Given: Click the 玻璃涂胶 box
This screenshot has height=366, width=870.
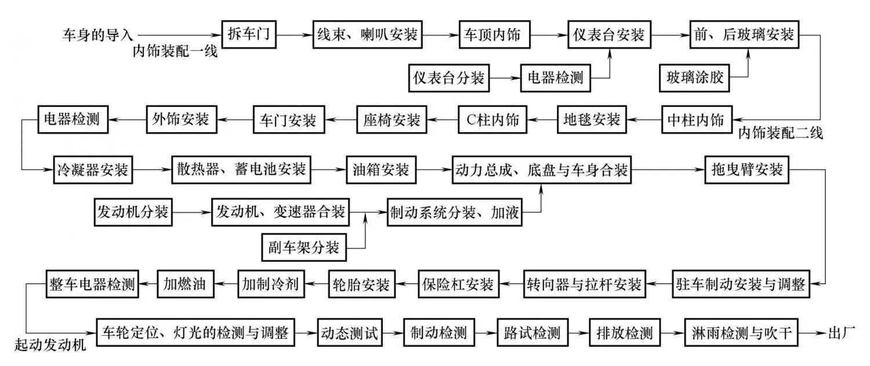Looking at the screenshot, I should point(693,77).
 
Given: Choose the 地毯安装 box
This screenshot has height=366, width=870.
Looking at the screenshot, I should point(592,120).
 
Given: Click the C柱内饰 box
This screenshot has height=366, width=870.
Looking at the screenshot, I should point(493,120).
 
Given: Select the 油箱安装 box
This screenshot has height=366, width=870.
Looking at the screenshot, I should point(381,170).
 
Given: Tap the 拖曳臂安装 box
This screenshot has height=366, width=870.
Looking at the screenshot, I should point(746,170).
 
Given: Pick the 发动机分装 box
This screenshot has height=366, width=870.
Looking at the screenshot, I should point(133,212).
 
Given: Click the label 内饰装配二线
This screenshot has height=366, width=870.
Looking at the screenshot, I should point(780,134).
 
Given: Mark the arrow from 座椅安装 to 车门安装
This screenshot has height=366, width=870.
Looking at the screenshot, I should point(340,120).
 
